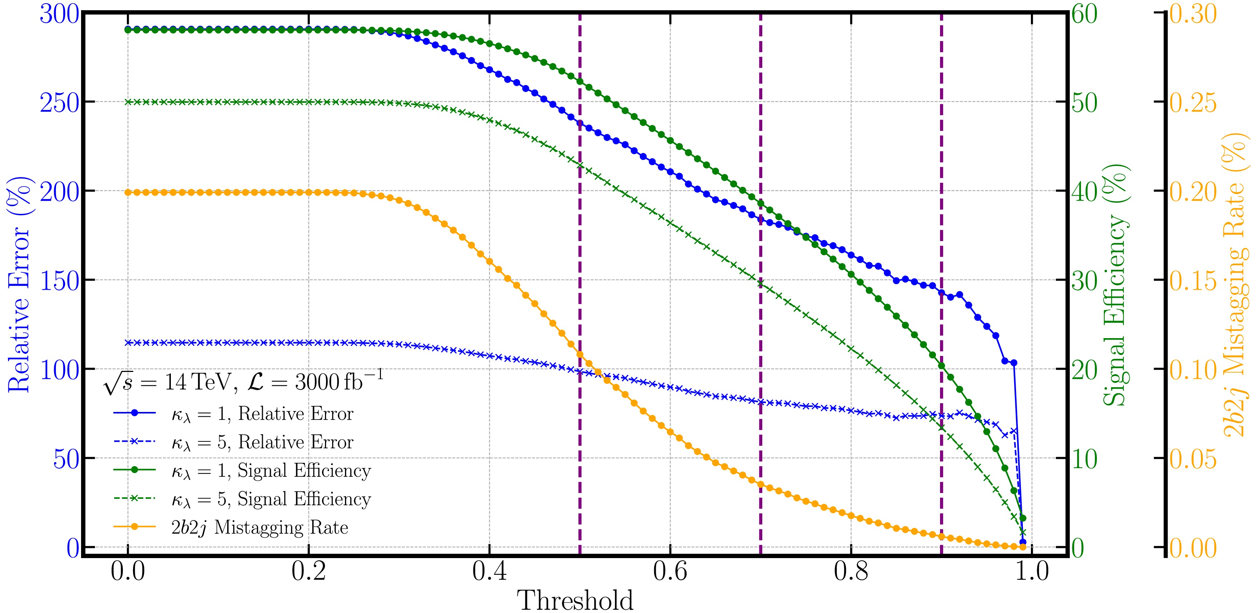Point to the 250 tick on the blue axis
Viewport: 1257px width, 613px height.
point(59,103)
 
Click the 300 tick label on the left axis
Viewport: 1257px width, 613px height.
point(59,15)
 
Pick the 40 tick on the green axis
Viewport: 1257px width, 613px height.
point(1084,191)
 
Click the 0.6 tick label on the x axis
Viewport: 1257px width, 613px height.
point(670,572)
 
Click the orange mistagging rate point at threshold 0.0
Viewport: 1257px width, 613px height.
point(128,192)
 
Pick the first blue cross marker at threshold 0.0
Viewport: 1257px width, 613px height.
point(128,342)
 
